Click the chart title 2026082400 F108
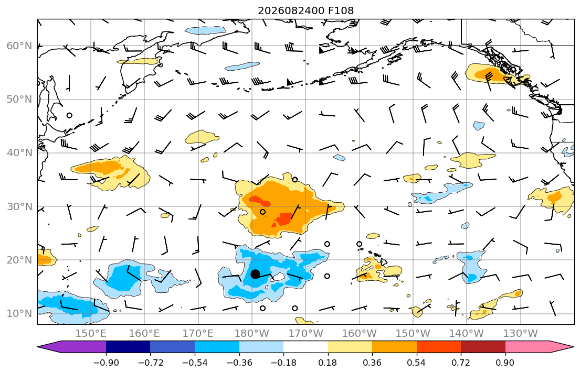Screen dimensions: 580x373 [x=305, y=10]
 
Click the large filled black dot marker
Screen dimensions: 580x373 [x=255, y=274]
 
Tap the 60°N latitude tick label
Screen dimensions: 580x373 [x=19, y=46]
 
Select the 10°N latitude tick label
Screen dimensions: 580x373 [x=19, y=314]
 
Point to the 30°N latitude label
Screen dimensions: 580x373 [x=19, y=206]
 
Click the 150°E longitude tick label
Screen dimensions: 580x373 [x=91, y=334]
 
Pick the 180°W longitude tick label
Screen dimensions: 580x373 [x=252, y=334]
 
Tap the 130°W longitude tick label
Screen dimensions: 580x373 [x=521, y=334]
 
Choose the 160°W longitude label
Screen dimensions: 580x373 [x=359, y=334]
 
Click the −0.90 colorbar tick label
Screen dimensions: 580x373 [x=106, y=363]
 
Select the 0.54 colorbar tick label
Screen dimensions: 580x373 [x=417, y=363]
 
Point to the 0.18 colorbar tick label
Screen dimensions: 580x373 [x=328, y=363]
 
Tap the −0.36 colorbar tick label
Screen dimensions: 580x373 [x=239, y=363]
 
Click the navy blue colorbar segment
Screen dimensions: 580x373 [x=128, y=347]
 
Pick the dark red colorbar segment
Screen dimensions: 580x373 [x=483, y=347]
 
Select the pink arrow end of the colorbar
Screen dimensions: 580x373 [x=538, y=347]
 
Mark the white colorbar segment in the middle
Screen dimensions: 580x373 [x=305, y=347]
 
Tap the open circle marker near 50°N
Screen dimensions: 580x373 [x=69, y=115]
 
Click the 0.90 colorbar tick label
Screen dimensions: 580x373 [x=505, y=363]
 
